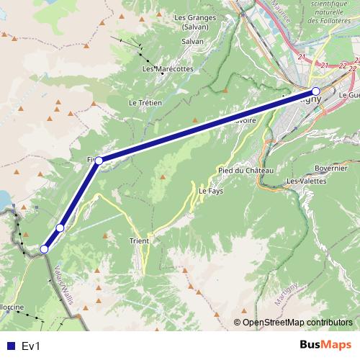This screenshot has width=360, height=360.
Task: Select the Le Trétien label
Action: pyautogui.click(x=144, y=103)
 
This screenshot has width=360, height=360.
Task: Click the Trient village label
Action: pyautogui.click(x=139, y=240)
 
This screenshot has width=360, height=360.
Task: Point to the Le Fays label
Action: pyautogui.click(x=212, y=192)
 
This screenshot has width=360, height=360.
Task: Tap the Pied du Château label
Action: pyautogui.click(x=246, y=170)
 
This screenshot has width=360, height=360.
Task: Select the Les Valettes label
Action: pyautogui.click(x=306, y=181)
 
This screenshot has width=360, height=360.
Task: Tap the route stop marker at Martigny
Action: pyautogui.click(x=316, y=91)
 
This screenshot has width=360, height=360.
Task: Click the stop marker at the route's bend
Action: pyautogui.click(x=99, y=160)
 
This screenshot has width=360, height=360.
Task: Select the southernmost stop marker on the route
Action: pyautogui.click(x=44, y=249)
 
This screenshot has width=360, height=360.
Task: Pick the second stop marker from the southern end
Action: pyautogui.click(x=60, y=228)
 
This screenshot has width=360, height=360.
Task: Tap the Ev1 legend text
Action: pyautogui.click(x=31, y=346)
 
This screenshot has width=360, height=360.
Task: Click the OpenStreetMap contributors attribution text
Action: pyautogui.click(x=297, y=322)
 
